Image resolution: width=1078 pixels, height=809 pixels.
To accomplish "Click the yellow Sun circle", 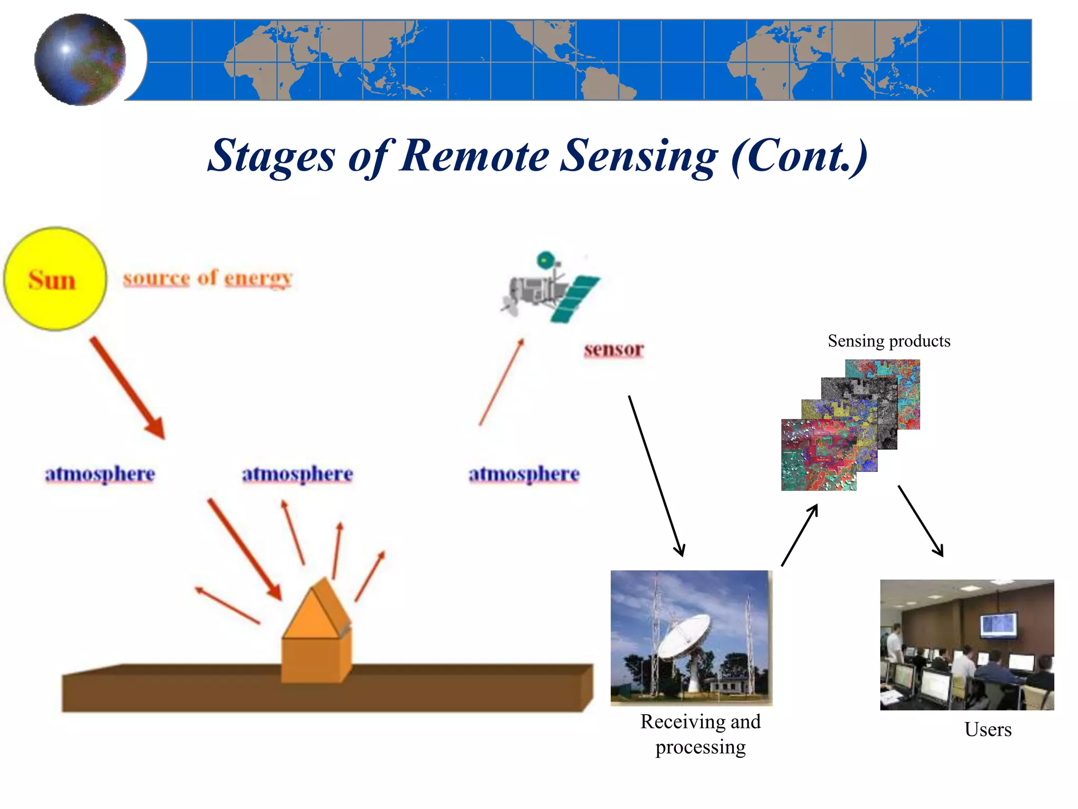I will pos(55,279).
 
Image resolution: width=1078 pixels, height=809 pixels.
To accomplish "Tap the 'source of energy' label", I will pos(207,278).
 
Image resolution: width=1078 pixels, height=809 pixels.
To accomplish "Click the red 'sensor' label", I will pos(614,349).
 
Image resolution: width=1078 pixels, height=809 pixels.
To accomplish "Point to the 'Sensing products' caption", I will pos(889,341).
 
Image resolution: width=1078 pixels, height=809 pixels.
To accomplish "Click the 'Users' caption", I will pos(987,729).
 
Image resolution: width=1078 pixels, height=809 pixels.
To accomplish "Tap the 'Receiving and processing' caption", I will pos(701,734).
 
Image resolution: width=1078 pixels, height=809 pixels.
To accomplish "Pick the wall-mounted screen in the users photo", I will pos(998,625).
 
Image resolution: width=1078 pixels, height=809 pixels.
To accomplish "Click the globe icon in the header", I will pos(80,60).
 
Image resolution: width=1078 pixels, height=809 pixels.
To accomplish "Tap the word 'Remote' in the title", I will pos(474,156).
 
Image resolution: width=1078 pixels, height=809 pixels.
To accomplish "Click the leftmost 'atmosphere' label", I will pos(100,474).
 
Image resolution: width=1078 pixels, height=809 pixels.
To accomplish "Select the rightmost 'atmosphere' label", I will pos(524,474).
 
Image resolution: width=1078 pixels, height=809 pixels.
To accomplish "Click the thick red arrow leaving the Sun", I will pos(128,388).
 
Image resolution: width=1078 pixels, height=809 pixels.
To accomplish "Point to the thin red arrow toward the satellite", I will pos(502,382).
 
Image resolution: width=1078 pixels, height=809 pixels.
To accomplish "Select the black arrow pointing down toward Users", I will pos(921,521).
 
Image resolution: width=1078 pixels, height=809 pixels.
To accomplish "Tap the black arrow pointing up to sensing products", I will pos(800,535).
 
